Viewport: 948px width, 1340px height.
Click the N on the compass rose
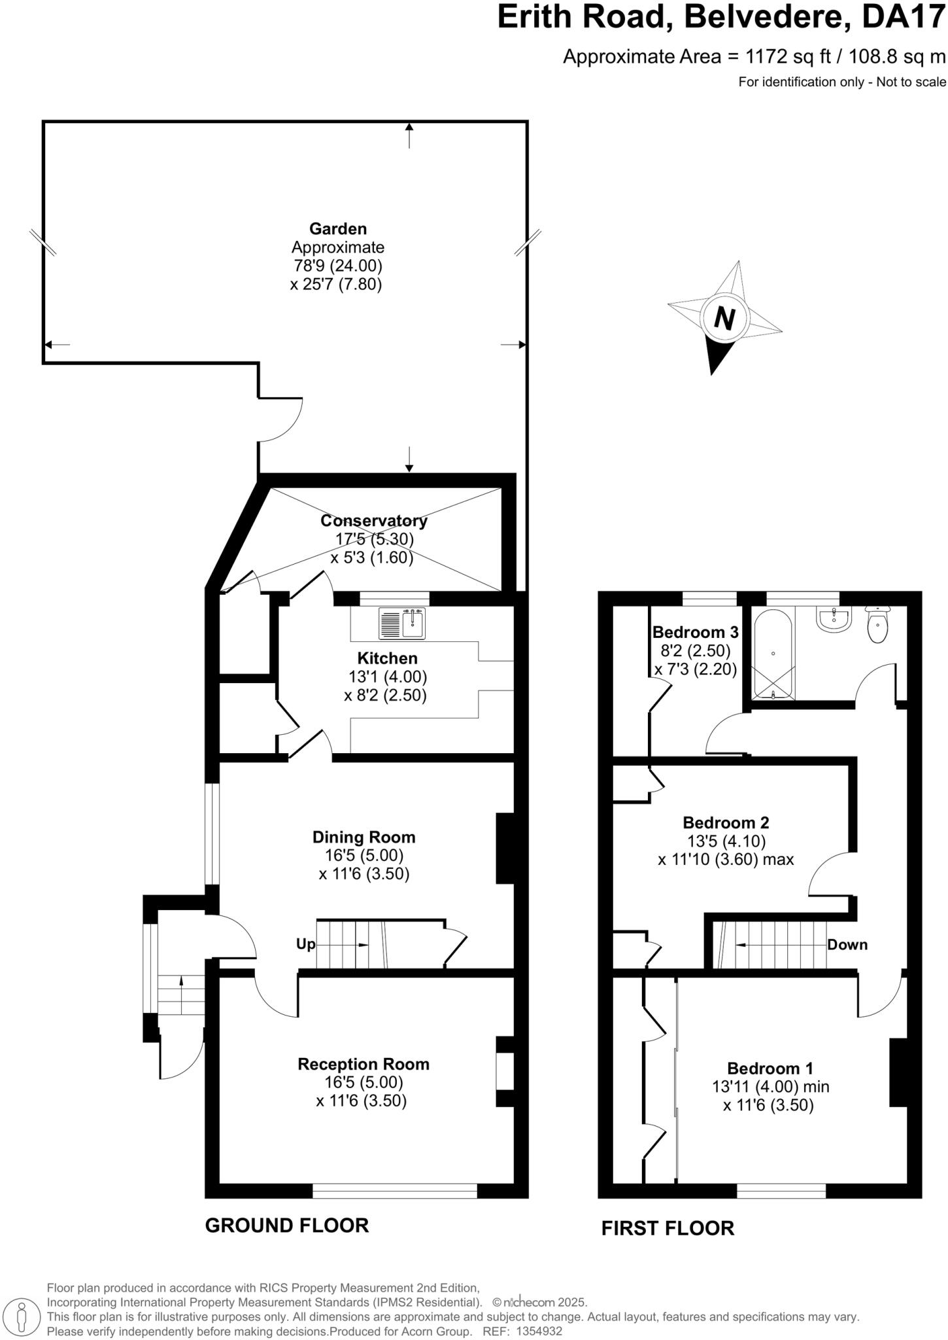click(724, 319)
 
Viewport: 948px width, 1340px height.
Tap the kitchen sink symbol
click(401, 623)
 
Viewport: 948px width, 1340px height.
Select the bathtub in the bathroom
click(773, 654)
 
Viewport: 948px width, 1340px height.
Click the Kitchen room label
click(387, 658)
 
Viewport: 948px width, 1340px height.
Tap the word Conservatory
click(373, 521)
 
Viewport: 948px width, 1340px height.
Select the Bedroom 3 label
click(695, 632)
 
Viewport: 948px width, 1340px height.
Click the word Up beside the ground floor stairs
click(305, 944)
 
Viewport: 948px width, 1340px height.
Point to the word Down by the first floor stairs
click(847, 944)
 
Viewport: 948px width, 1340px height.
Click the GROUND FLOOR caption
click(286, 1225)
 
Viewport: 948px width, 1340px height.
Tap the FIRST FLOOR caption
click(668, 1228)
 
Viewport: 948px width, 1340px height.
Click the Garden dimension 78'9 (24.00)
click(337, 266)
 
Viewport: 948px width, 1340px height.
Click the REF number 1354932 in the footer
click(539, 1331)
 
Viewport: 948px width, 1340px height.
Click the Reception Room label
click(364, 1064)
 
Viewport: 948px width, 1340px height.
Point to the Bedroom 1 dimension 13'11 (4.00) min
click(770, 1087)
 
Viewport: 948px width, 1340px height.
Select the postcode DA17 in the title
click(904, 18)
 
